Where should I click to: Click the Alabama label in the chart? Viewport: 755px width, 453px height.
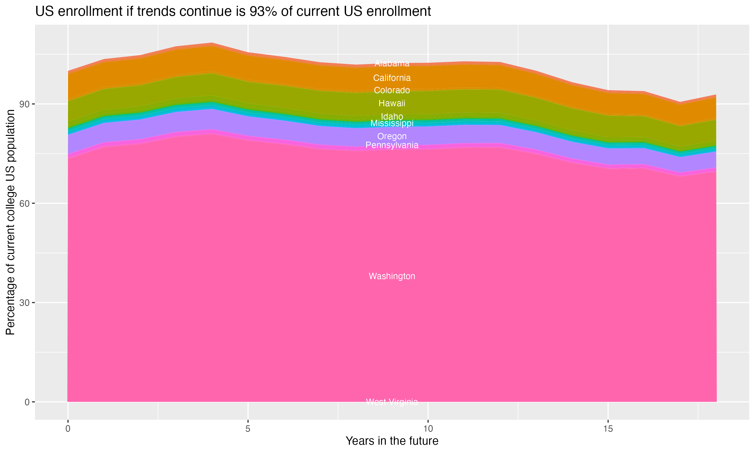pyautogui.click(x=392, y=63)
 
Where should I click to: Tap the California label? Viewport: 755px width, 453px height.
pyautogui.click(x=392, y=78)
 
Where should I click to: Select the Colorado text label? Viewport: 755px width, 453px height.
pyautogui.click(x=392, y=90)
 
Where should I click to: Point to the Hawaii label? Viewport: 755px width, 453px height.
pyautogui.click(x=392, y=103)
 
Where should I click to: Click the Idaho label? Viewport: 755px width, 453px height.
pyautogui.click(x=392, y=116)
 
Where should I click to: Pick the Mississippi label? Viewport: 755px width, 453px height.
pyautogui.click(x=392, y=123)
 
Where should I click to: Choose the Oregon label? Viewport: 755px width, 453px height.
pyautogui.click(x=392, y=136)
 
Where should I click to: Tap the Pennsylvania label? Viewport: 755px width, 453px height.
pyautogui.click(x=392, y=145)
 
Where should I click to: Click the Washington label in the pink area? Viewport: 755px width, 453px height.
pyautogui.click(x=392, y=276)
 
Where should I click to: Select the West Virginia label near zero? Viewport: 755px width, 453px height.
pyautogui.click(x=392, y=402)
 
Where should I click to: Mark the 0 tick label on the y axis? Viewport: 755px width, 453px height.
pyautogui.click(x=27, y=402)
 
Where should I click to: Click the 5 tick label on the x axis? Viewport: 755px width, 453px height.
pyautogui.click(x=248, y=429)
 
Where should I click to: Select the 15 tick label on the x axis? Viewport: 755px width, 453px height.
pyautogui.click(x=608, y=429)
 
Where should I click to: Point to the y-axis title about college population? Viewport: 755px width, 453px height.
pyautogui.click(x=10, y=222)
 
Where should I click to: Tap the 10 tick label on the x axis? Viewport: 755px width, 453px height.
pyautogui.click(x=428, y=429)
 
